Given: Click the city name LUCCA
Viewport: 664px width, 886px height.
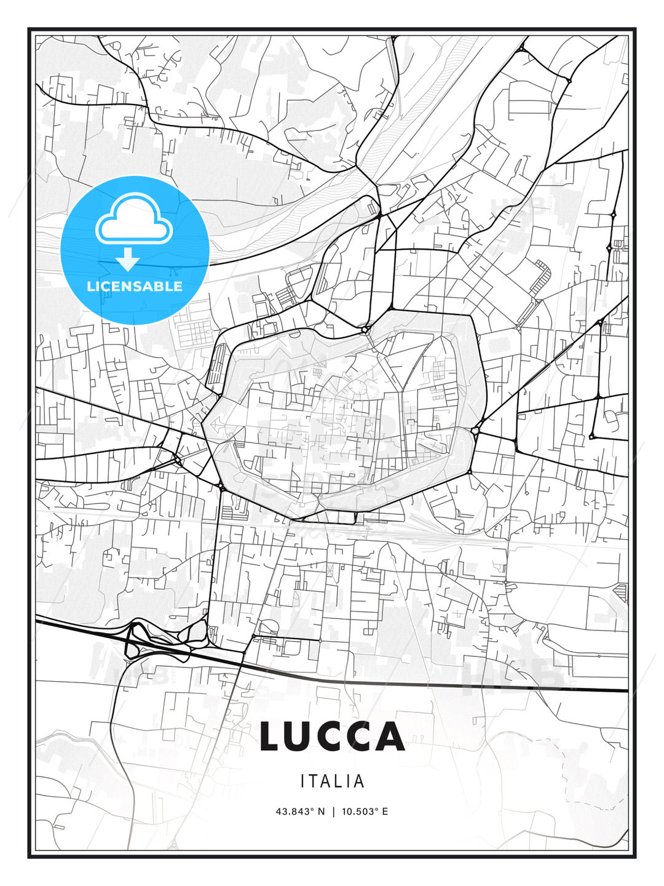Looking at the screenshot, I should (332, 736).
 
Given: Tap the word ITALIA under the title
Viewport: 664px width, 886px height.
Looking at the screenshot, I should (332, 781).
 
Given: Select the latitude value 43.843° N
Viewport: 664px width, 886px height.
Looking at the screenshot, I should (300, 812).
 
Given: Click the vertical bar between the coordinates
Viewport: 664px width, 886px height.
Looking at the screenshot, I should (332, 812).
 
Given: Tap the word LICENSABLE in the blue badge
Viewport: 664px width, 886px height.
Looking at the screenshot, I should (135, 286).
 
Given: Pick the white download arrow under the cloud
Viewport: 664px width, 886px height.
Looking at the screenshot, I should (128, 260).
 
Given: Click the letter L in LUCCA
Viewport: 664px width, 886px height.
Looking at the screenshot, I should (271, 736).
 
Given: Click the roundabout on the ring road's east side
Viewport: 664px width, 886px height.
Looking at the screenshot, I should (475, 431).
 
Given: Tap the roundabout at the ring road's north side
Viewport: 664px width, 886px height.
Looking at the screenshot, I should (365, 330).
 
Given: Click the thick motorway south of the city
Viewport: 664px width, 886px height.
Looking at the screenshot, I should (430, 684).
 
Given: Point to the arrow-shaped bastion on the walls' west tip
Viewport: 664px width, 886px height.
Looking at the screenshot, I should (213, 425).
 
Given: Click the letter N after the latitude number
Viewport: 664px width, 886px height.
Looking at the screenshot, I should (320, 812).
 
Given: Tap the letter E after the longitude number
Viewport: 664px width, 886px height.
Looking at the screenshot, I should (385, 812).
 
